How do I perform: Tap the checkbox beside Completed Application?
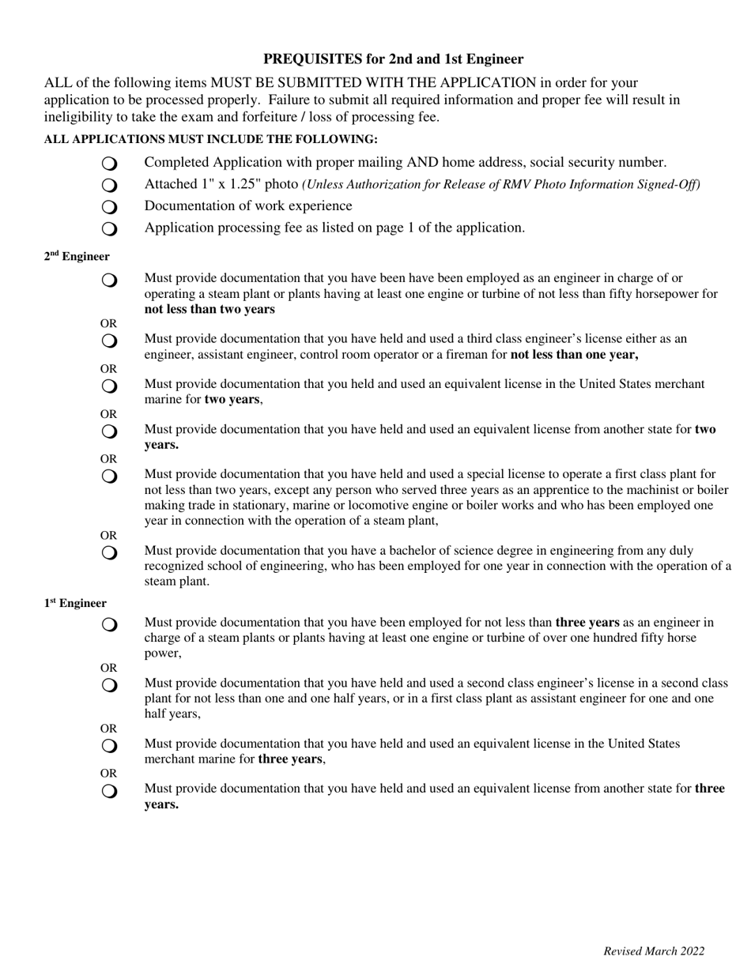click(x=109, y=164)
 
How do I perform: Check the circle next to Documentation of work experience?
click(x=109, y=207)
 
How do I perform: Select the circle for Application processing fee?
click(x=109, y=229)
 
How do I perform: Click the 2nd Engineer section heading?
click(x=77, y=257)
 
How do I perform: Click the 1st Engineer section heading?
click(x=75, y=604)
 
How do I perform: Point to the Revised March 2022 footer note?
click(x=654, y=951)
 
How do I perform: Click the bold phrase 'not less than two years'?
click(x=209, y=309)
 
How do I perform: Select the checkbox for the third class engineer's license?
click(x=109, y=341)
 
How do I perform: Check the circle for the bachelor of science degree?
click(x=109, y=552)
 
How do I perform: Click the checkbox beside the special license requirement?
click(x=109, y=477)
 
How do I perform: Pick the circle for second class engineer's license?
click(x=109, y=684)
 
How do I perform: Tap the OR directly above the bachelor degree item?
click(x=108, y=536)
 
